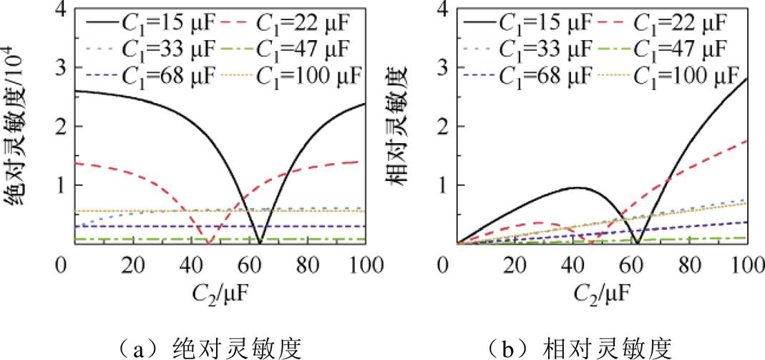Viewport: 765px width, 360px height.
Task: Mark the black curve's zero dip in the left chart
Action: click(x=260, y=242)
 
